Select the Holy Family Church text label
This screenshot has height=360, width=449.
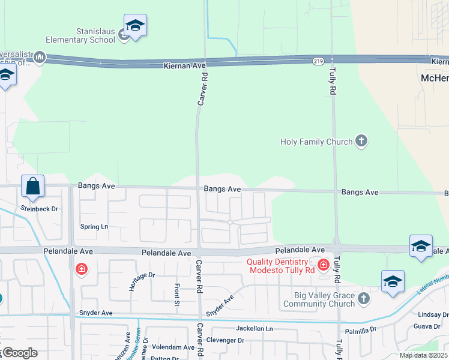tap(316, 142)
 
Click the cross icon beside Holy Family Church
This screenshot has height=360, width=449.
tap(361, 141)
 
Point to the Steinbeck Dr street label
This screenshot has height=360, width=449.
tap(39, 209)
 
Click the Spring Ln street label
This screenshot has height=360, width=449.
tap(94, 227)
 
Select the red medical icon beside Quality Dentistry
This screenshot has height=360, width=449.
tap(324, 264)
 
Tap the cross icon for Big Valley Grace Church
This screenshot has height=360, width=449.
tap(363, 298)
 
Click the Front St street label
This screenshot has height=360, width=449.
tap(176, 294)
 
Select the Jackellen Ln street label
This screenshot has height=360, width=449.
tap(254, 329)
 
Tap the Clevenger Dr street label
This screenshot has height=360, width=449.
tap(225, 340)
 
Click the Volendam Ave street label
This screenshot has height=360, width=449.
tap(173, 347)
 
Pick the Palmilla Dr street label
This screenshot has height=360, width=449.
tap(361, 329)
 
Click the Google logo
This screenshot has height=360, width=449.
tap(19, 353)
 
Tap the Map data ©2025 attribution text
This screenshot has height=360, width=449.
tap(423, 355)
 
